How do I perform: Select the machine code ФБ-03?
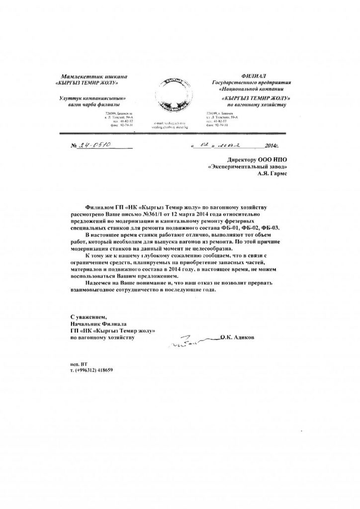pyautogui.click(x=279, y=227)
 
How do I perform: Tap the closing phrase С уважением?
pyautogui.click(x=89, y=316)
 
